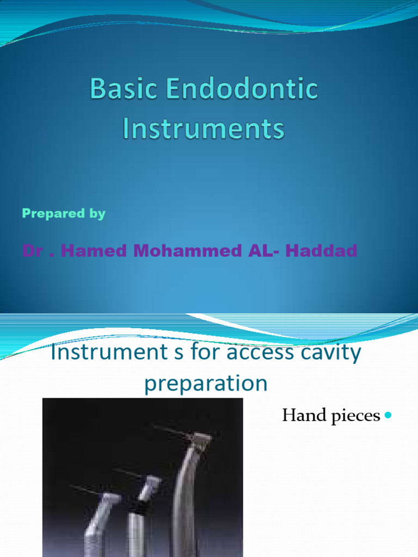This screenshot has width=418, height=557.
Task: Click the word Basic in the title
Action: point(123,89)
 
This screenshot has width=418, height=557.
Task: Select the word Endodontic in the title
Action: point(242,88)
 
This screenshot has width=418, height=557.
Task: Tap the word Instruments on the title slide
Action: point(204,128)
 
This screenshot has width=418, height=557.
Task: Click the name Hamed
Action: point(94,250)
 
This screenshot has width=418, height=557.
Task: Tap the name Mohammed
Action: point(187,250)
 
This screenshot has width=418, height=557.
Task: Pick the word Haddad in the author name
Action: point(321,250)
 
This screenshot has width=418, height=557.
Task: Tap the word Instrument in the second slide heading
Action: point(109,352)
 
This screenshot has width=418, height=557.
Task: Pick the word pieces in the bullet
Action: point(355,416)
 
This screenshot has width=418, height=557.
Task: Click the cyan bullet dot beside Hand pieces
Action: point(388,414)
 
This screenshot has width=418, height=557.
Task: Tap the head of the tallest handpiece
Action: point(201,442)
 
